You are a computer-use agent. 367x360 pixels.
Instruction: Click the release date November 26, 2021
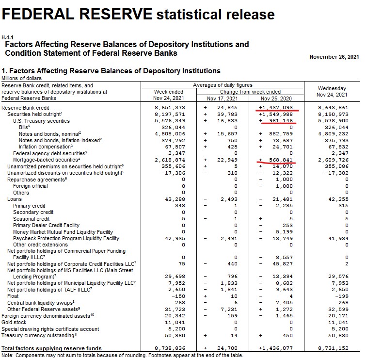pyautogui.click(x=334, y=57)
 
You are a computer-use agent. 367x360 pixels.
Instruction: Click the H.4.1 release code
pyautogui.click(x=7, y=37)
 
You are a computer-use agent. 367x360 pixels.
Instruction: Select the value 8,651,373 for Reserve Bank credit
pyautogui.click(x=170, y=108)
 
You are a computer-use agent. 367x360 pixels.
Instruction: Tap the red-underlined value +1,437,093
pyautogui.click(x=276, y=108)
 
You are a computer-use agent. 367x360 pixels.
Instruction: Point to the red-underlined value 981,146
pyautogui.click(x=281, y=121)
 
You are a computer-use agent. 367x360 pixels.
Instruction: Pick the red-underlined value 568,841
pyautogui.click(x=281, y=160)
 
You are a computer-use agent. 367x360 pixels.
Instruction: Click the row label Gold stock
pyautogui.click(x=14, y=322)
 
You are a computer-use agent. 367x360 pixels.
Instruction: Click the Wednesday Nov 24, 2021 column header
pyautogui.click(x=332, y=92)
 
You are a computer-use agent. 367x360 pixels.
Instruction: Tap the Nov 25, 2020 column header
pyautogui.click(x=276, y=98)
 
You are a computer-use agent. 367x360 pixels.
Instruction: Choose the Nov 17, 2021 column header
pyautogui.click(x=223, y=98)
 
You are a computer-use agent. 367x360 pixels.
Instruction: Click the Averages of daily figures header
pyautogui.click(x=223, y=85)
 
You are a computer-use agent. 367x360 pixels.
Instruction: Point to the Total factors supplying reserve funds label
pyautogui.click(x=51, y=348)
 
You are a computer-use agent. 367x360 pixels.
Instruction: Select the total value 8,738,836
pyautogui.click(x=170, y=348)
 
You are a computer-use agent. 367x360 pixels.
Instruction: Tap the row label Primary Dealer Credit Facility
pyautogui.click(x=47, y=225)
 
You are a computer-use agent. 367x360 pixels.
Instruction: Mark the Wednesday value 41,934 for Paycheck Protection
pyautogui.click(x=338, y=238)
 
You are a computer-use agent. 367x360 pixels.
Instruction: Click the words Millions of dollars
pyautogui.click(x=21, y=78)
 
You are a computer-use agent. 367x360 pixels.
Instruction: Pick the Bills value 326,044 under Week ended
pyautogui.click(x=173, y=128)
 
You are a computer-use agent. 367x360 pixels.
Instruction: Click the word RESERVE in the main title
pyautogui.click(x=115, y=14)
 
